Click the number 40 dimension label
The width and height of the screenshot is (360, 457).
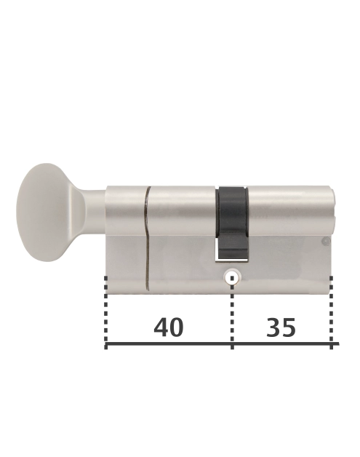coord(169,327)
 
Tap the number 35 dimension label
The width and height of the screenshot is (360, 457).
coord(281,327)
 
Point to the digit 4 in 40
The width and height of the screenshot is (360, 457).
coord(161,327)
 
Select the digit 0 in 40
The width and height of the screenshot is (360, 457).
coord(177,327)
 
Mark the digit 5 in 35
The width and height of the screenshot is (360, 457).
coord(289,327)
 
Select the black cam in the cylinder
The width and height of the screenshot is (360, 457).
coord(232,215)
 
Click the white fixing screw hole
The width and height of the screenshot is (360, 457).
coord(232,277)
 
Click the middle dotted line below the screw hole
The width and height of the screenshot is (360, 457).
coord(232,313)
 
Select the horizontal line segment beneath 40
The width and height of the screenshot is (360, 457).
coord(169,343)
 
